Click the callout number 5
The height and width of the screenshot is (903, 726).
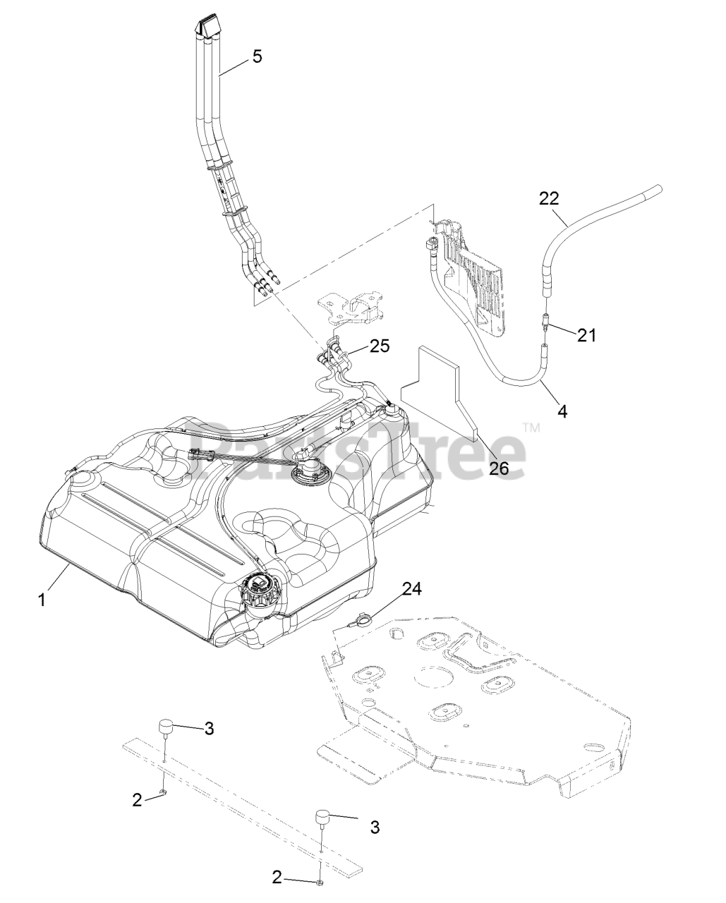257,56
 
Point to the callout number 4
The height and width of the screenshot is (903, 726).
562,408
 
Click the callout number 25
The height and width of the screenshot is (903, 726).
380,346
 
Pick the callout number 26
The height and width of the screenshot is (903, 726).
499,468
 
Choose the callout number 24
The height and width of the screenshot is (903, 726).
412,589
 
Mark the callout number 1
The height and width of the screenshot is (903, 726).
42,599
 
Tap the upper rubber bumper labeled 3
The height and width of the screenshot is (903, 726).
166,727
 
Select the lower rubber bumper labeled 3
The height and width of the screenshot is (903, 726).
324,821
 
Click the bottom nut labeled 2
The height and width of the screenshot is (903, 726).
320,882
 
